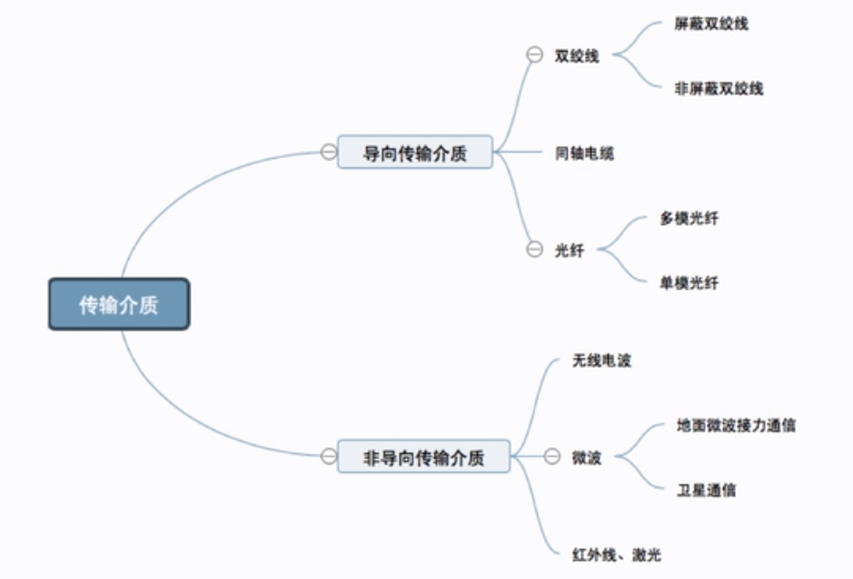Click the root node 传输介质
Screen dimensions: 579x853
(118, 304)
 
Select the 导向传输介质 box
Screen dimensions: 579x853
(414, 152)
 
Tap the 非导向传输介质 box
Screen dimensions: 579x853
(423, 456)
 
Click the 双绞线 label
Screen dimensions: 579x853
(577, 55)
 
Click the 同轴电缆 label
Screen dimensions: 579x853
(584, 153)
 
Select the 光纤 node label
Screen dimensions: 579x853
(570, 250)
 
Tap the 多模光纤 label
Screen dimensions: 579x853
(689, 219)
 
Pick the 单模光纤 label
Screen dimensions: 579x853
(689, 283)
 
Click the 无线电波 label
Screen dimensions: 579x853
(601, 361)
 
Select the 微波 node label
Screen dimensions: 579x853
(587, 457)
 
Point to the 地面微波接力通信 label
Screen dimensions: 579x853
(736, 425)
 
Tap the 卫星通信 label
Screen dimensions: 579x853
(707, 490)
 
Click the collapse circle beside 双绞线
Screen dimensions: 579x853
(534, 55)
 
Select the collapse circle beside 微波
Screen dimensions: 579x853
(551, 457)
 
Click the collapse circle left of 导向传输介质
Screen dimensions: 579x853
(328, 152)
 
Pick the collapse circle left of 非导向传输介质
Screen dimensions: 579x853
(328, 456)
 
